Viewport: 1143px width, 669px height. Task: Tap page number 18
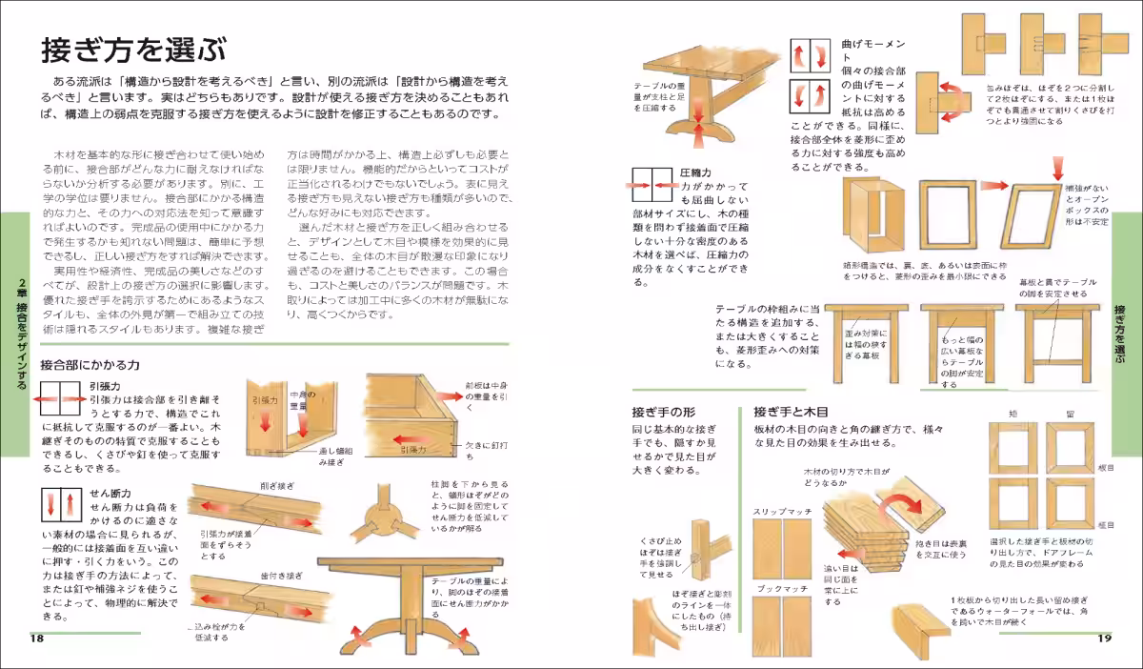click(x=36, y=637)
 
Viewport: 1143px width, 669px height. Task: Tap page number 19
click(x=1104, y=637)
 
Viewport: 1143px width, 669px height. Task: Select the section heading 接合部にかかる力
click(x=90, y=364)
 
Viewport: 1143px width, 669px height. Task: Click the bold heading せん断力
click(x=108, y=493)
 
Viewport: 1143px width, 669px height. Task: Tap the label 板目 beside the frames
click(x=1105, y=468)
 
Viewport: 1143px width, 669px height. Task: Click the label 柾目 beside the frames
click(x=1105, y=524)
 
